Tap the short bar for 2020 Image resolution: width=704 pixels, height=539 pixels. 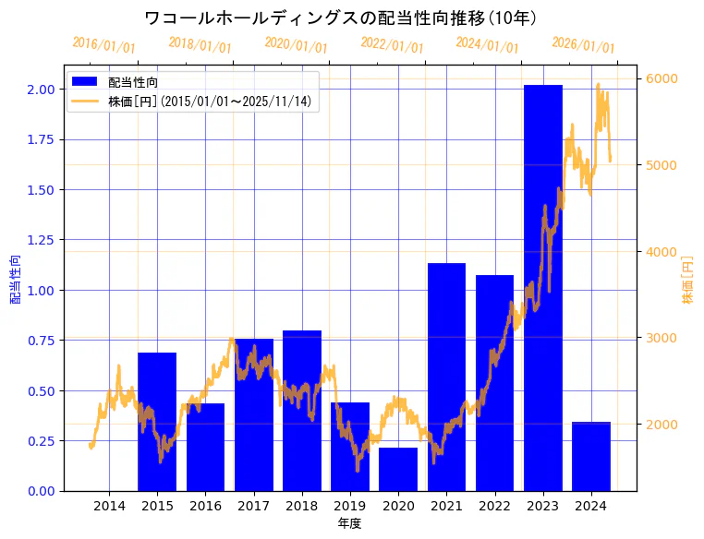tap(398, 469)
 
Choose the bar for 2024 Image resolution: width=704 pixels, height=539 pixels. tap(591, 456)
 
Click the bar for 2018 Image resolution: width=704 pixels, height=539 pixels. tap(302, 410)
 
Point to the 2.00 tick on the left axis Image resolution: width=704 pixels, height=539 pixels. tap(40, 90)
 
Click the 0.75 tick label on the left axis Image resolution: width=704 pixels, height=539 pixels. tap(40, 341)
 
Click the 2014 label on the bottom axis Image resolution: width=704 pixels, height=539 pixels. tap(109, 505)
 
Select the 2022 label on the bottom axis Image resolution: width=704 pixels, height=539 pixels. tap(494, 505)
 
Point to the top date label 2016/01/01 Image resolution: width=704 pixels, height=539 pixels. tap(103, 44)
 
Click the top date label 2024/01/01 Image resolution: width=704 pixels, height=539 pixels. tap(487, 45)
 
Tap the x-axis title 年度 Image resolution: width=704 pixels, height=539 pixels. tap(349, 523)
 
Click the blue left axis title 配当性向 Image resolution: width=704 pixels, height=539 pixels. tap(15, 279)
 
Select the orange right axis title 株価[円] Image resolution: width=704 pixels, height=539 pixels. tap(687, 279)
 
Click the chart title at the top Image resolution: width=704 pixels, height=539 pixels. tap(342, 18)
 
